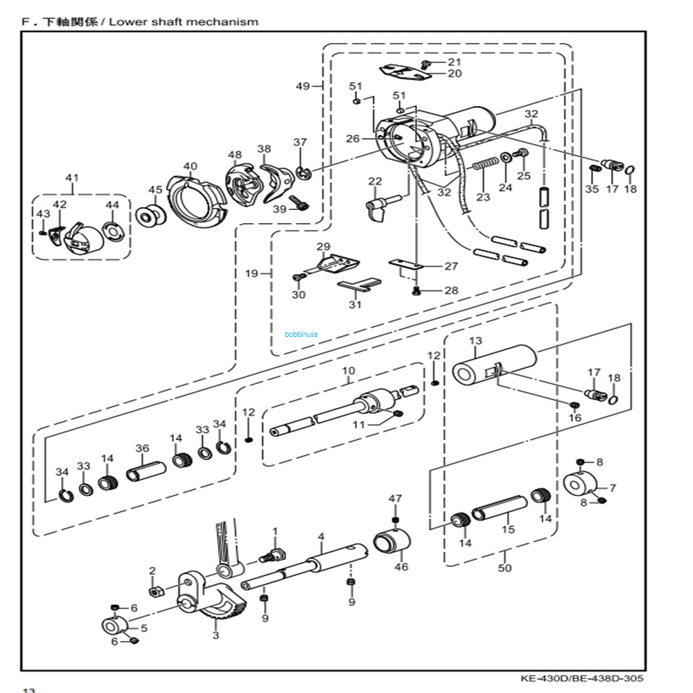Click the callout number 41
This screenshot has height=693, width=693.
[x=72, y=178]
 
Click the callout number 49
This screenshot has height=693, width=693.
[x=303, y=86]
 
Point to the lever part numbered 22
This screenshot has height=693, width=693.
[x=380, y=207]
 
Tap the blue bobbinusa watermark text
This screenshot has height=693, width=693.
[x=300, y=333]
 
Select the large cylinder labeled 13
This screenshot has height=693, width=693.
[x=495, y=365]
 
